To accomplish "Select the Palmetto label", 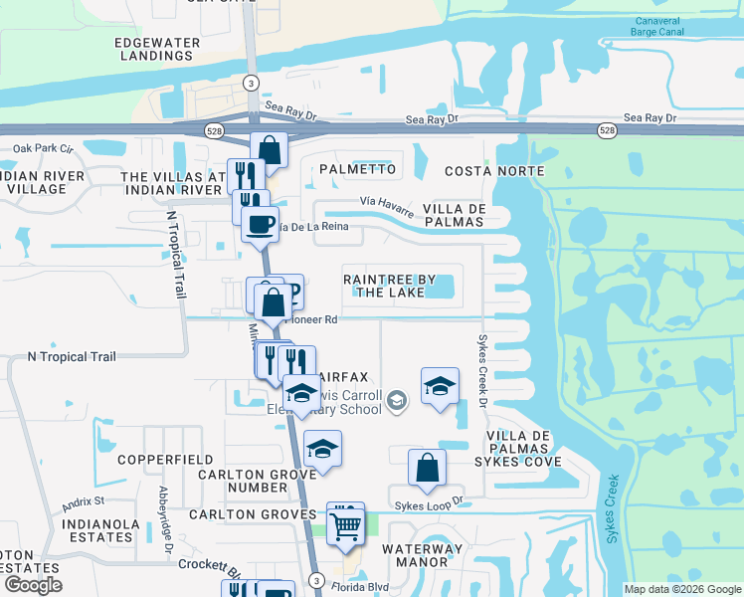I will [357, 169].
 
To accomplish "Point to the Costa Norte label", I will [494, 171].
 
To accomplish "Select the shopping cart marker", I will [345, 522].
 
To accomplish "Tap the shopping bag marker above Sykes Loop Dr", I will [427, 467].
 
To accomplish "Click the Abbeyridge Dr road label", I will [166, 513].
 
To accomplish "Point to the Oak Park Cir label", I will [43, 148].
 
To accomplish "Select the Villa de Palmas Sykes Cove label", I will [524, 449].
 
